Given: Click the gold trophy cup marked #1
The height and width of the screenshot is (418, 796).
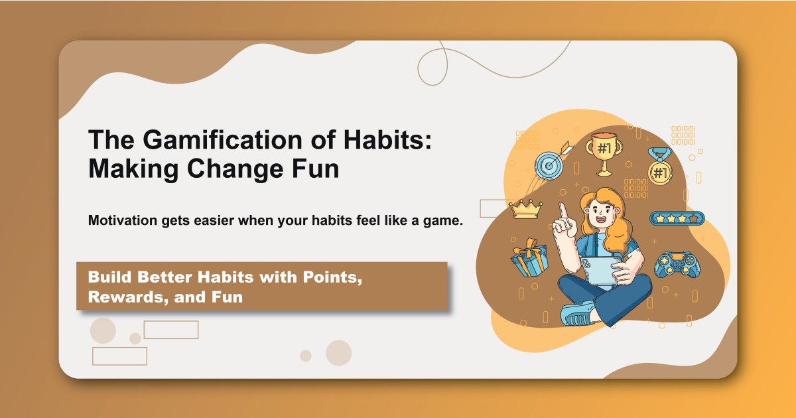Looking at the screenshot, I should pos(603,153).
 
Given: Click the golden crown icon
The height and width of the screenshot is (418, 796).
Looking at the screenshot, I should pos(525,208).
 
